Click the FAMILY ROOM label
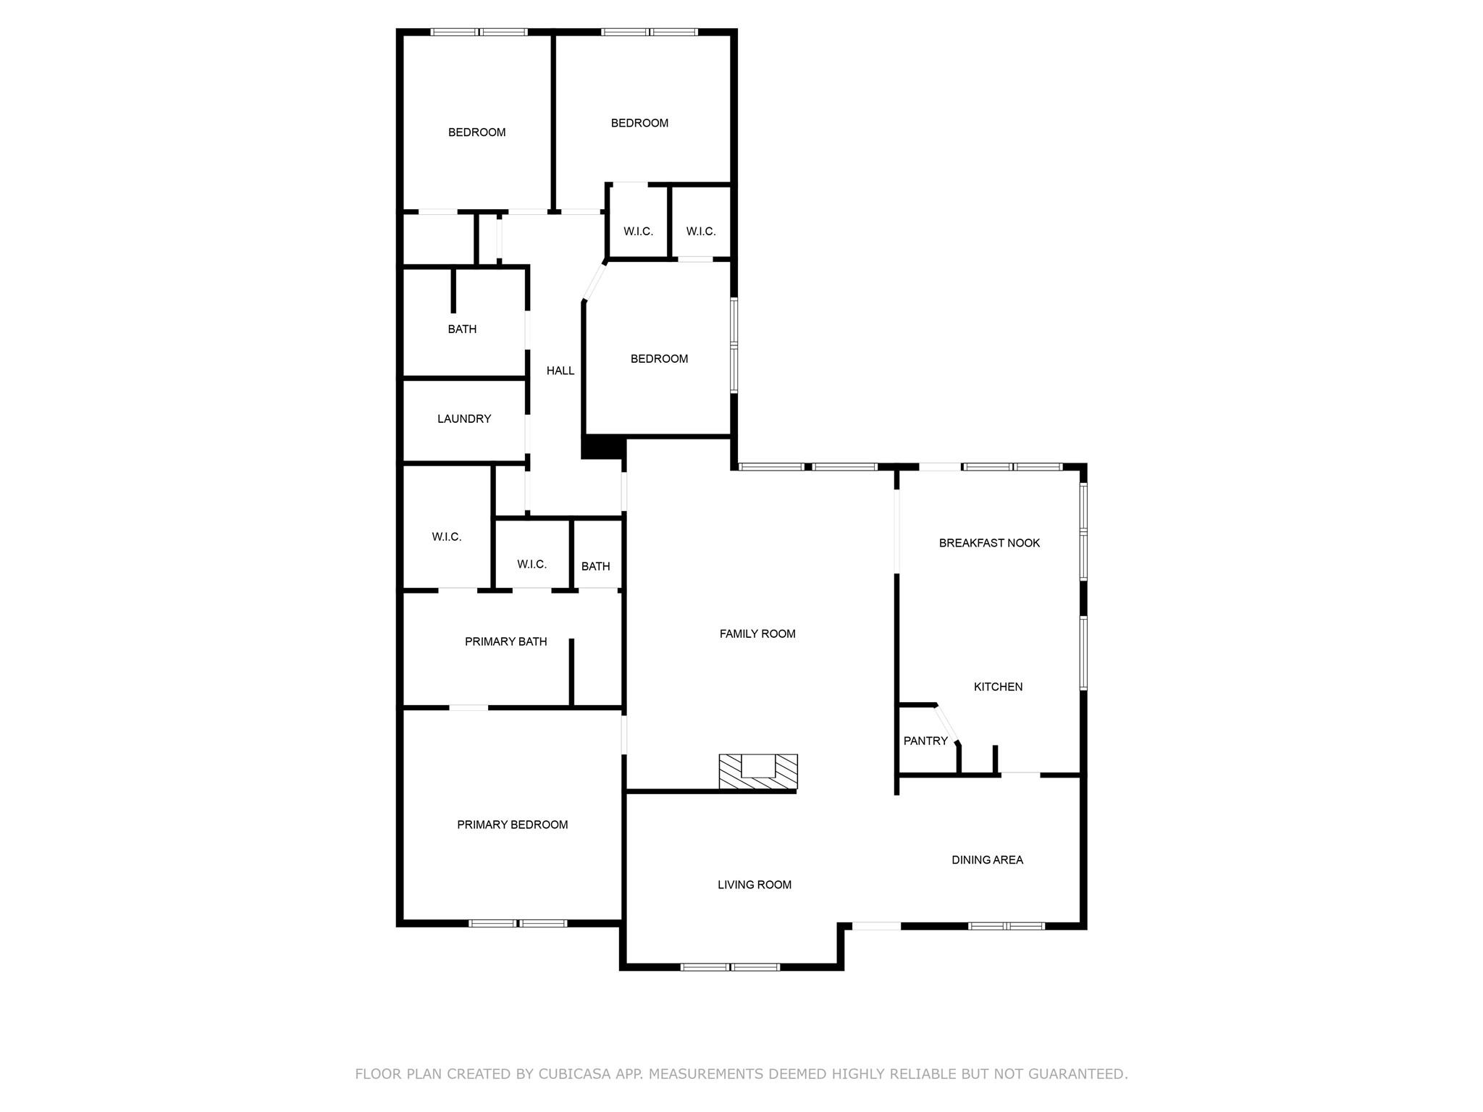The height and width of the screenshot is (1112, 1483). point(757,633)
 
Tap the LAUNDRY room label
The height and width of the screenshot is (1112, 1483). point(464,418)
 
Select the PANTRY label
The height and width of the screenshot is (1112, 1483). point(925,741)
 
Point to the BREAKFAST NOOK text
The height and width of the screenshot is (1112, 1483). point(989,543)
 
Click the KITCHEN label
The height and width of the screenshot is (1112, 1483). point(998,686)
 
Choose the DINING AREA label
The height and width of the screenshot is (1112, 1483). point(987,859)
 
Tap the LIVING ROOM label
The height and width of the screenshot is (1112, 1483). point(755,884)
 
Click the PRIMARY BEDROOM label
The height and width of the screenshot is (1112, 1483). point(512,825)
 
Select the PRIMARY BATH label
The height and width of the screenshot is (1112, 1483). point(505,641)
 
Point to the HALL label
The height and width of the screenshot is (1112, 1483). point(560,371)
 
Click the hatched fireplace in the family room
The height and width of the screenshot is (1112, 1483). point(758,771)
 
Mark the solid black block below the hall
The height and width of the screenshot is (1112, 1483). point(603,447)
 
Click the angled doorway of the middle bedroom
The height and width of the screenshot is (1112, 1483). point(595,282)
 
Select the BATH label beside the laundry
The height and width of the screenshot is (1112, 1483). point(462,329)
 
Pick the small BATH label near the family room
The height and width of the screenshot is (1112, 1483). point(595,566)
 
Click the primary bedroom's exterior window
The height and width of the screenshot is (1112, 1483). point(517,923)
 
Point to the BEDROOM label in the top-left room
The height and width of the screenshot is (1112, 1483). point(476,132)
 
